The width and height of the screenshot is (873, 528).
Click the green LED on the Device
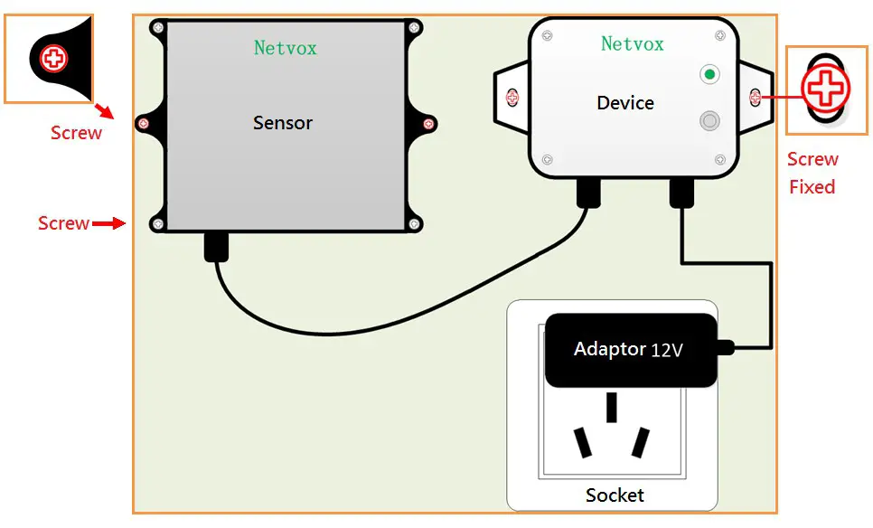click(x=710, y=74)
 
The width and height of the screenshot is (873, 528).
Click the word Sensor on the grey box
click(x=282, y=123)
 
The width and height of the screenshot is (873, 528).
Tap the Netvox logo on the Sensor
click(x=285, y=48)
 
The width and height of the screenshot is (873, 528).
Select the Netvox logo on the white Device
click(x=632, y=43)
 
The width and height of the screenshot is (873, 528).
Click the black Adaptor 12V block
click(x=631, y=350)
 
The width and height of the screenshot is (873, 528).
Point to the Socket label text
click(x=615, y=495)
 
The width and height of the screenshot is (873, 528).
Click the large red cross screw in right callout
click(x=823, y=88)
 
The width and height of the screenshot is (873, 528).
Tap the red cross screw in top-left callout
click(x=54, y=59)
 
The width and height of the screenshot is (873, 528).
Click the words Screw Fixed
click(x=812, y=173)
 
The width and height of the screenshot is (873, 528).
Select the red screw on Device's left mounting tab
click(x=512, y=96)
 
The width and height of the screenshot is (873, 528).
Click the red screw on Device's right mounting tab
click(x=756, y=96)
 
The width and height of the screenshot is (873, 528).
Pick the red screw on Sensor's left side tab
click(x=143, y=123)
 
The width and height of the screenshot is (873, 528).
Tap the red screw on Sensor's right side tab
click(x=428, y=123)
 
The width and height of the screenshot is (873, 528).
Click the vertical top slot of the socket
click(x=612, y=408)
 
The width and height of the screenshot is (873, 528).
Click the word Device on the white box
click(x=624, y=103)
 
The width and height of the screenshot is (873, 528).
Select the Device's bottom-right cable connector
click(x=681, y=192)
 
